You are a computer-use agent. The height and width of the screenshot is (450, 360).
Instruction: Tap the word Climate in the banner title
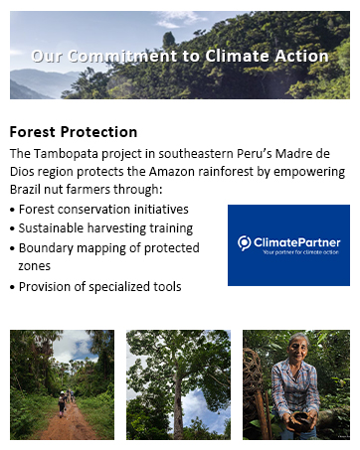click(236, 57)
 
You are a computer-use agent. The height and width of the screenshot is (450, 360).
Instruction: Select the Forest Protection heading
click(73, 132)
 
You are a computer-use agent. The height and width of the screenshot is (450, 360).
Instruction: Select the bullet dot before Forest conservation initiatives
click(12, 211)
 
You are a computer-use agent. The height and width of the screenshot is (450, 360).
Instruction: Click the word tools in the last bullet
click(166, 287)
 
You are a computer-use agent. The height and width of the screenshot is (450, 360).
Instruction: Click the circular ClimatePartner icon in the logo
click(245, 242)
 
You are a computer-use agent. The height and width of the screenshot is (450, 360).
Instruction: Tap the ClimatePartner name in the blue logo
click(296, 241)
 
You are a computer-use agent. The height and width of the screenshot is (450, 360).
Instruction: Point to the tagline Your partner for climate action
click(300, 253)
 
